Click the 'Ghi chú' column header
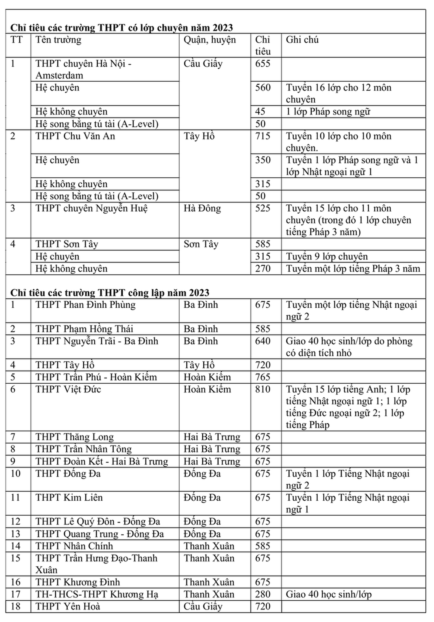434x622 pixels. pyautogui.click(x=302, y=40)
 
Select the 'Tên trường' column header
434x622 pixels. pyautogui.click(x=58, y=40)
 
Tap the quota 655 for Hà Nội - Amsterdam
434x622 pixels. pyautogui.click(x=262, y=64)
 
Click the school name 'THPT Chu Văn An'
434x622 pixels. pyautogui.click(x=75, y=136)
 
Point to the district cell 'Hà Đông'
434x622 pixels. pyautogui.click(x=202, y=208)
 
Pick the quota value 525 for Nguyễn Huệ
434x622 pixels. pyautogui.click(x=262, y=208)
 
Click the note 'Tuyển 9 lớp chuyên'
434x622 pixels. pyautogui.click(x=327, y=256)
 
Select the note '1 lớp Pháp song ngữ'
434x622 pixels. pyautogui.click(x=328, y=112)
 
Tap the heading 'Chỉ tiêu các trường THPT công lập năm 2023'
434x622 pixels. pyautogui.click(x=110, y=293)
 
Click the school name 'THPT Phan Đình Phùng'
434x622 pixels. pyautogui.click(x=85, y=305)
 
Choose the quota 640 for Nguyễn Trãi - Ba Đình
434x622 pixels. pyautogui.click(x=262, y=341)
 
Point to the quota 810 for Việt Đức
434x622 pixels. pyautogui.click(x=262, y=389)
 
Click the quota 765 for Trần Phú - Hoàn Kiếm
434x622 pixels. pyautogui.click(x=262, y=377)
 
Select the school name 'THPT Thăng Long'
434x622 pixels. pyautogui.click(x=75, y=437)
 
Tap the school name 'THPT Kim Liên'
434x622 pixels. pyautogui.click(x=69, y=497)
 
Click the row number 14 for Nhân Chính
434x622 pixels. pyautogui.click(x=15, y=546)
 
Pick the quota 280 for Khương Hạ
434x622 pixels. pyautogui.click(x=262, y=594)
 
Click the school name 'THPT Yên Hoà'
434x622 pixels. pyautogui.click(x=68, y=606)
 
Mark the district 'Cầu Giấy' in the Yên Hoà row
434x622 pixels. pyautogui.click(x=203, y=606)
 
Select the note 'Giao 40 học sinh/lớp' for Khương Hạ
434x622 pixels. pyautogui.click(x=328, y=594)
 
